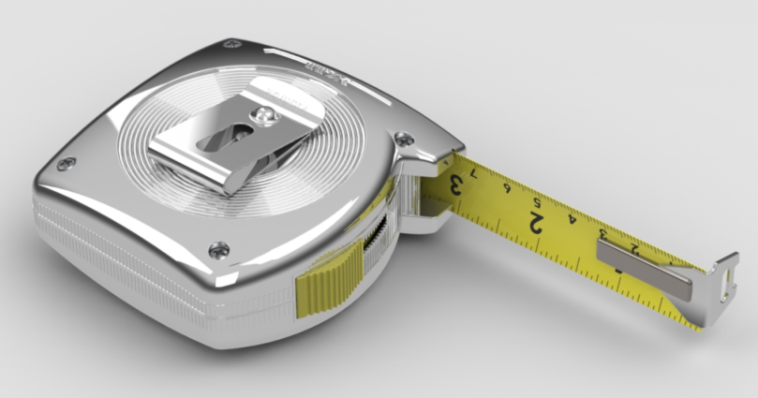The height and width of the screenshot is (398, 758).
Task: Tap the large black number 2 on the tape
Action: (x=537, y=223)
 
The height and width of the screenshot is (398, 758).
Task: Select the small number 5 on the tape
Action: (x=537, y=202)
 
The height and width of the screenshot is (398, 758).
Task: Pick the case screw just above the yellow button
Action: (x=219, y=249)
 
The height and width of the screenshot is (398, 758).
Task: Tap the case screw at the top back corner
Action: (x=231, y=44)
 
